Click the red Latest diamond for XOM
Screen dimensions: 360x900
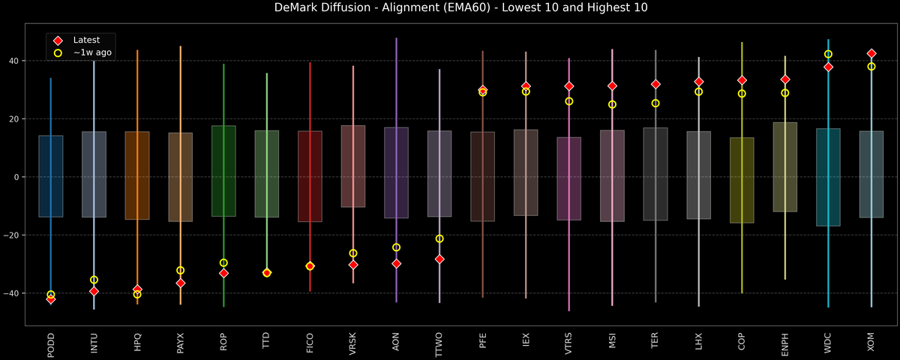(x=871, y=54)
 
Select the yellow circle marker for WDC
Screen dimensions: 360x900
(x=828, y=54)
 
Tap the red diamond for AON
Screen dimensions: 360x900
(x=396, y=263)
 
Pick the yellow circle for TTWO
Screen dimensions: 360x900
(x=439, y=238)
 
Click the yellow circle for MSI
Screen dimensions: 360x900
(x=612, y=104)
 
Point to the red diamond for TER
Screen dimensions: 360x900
(x=655, y=84)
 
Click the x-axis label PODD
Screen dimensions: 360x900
(x=51, y=344)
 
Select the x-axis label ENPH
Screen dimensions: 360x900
(x=784, y=344)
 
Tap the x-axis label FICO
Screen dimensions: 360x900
(x=310, y=344)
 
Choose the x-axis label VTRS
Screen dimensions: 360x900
(x=568, y=344)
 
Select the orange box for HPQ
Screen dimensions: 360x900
(x=137, y=175)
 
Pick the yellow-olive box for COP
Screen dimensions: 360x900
(x=742, y=180)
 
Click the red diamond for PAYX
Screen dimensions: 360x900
(x=180, y=283)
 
